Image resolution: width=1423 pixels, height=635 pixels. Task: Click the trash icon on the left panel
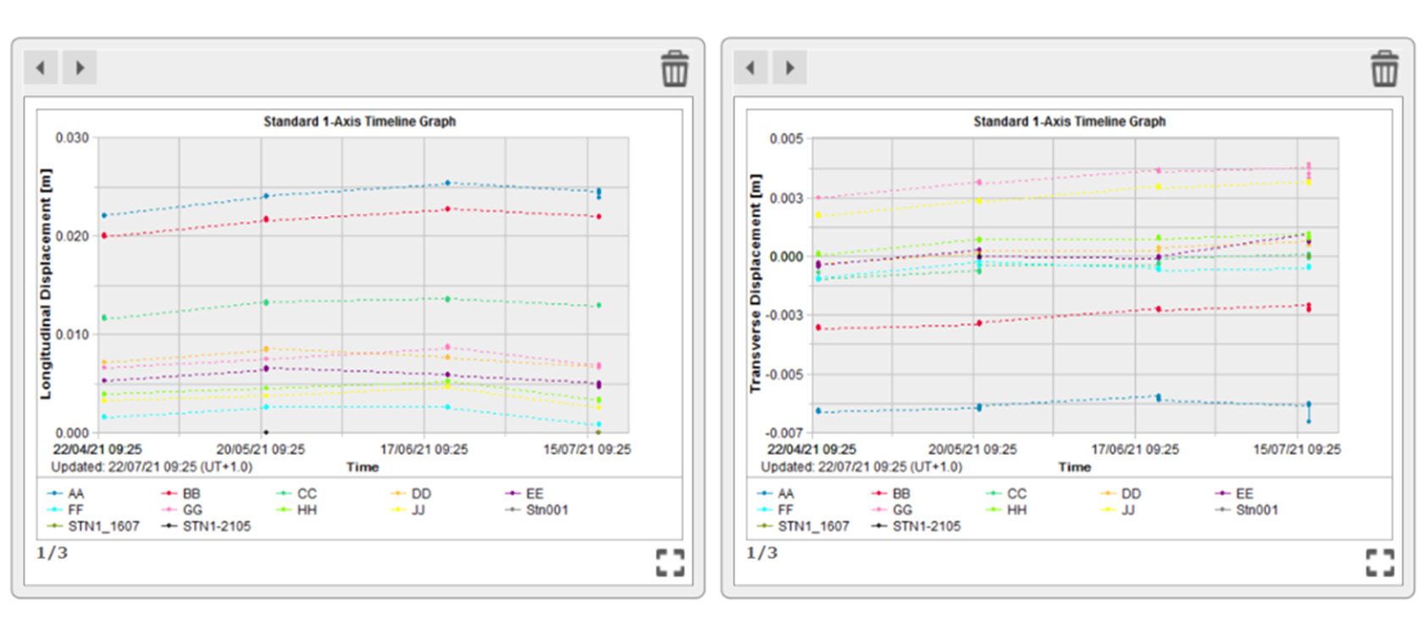[674, 69]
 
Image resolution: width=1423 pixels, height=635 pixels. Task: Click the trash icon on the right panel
[1384, 69]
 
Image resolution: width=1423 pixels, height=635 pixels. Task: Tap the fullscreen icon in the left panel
[670, 562]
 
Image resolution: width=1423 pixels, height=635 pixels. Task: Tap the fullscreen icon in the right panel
[1380, 562]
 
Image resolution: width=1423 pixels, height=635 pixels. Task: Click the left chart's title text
[359, 121]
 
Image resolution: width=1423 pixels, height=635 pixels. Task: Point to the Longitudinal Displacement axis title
[46, 284]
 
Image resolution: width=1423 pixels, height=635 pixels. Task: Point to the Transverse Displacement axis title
[756, 284]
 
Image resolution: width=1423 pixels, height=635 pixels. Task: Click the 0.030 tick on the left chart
[72, 138]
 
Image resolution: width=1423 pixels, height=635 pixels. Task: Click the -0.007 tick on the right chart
[783, 433]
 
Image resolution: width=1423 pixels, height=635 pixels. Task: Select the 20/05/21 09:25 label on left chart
[260, 450]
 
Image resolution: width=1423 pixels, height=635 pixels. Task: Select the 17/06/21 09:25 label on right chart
[1134, 450]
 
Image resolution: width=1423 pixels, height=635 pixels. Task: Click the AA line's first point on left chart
[104, 215]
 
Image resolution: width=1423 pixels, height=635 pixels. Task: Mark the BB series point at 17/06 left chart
[448, 208]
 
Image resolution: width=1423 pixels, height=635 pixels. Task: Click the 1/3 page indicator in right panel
[761, 553]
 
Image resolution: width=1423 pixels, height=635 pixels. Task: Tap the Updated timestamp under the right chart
[861, 467]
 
